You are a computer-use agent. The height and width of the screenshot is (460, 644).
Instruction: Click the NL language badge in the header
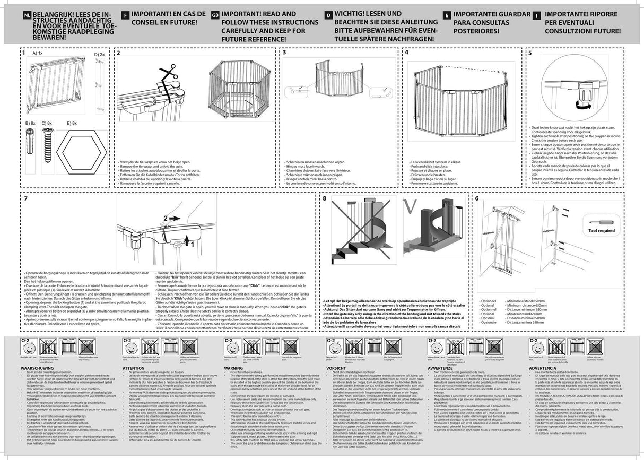coord(27,16)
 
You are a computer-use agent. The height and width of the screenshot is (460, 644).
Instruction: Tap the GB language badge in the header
coord(214,16)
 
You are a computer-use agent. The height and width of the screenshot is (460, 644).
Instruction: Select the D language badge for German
coord(328,16)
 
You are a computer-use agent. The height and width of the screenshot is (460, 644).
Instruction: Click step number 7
coord(26,198)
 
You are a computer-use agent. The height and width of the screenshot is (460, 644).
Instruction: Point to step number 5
coord(529,53)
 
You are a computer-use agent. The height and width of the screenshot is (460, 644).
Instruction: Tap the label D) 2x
coord(100,55)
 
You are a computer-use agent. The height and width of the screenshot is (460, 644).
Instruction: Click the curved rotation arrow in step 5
coord(584,106)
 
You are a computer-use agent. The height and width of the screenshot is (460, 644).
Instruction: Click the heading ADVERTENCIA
coord(542,367)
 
